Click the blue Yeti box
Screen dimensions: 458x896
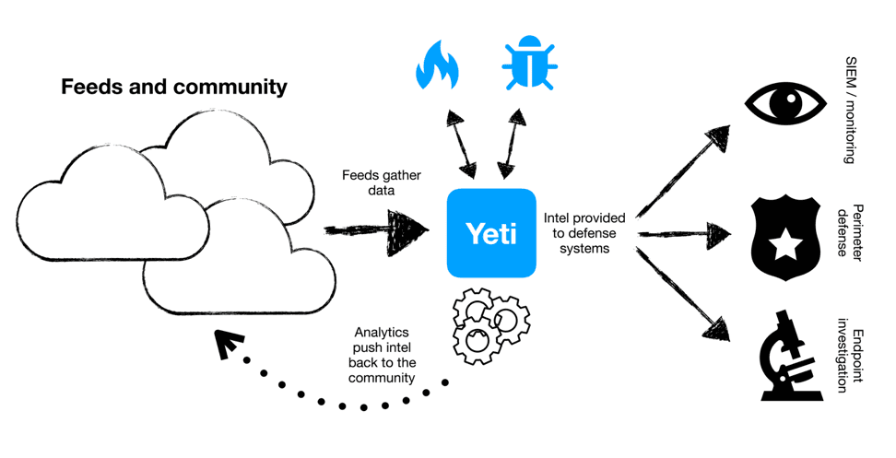(491, 232)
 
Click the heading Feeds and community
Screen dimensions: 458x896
(174, 88)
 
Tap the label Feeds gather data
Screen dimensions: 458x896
(369, 182)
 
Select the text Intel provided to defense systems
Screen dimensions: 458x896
(584, 233)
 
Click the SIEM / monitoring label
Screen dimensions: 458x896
(853, 109)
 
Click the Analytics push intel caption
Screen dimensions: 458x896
(384, 356)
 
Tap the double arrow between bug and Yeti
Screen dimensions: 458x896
(512, 140)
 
